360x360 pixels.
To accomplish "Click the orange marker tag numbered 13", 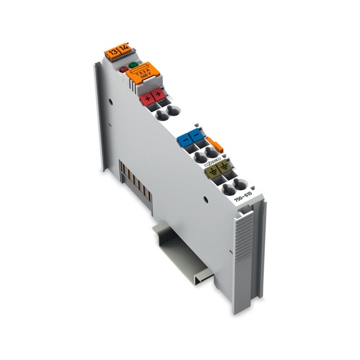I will coord(112,52).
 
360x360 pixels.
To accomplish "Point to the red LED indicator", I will coord(123,68).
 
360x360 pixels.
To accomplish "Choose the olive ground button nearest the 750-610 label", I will coord(222,166).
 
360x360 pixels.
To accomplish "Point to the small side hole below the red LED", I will coord(111,99).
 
